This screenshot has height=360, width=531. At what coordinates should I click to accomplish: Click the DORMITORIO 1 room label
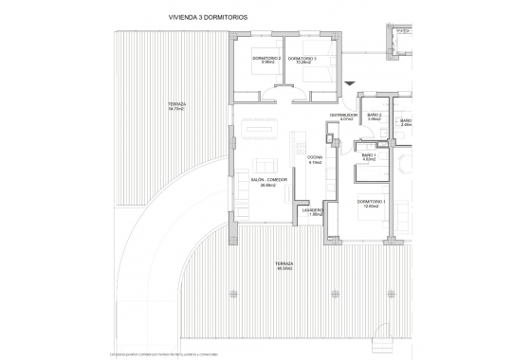point(371,203)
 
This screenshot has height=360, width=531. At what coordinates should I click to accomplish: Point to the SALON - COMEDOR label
point(268,179)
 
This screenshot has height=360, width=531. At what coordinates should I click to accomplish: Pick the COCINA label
point(316,157)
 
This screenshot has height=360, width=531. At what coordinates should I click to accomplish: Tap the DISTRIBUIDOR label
point(342,115)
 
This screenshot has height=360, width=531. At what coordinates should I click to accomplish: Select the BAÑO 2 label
point(375,115)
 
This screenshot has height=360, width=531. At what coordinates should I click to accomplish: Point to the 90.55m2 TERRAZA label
point(284,264)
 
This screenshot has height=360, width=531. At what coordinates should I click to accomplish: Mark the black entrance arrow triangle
point(349,82)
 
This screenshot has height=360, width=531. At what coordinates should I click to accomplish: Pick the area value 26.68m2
point(268,185)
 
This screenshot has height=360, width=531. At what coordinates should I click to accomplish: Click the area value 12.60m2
point(371,208)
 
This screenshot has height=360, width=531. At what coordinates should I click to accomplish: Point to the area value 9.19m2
point(316,163)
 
